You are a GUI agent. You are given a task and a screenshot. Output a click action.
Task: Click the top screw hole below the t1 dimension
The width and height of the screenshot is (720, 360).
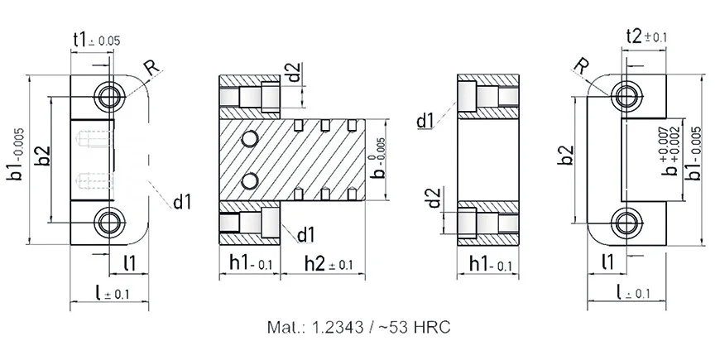point(109,96)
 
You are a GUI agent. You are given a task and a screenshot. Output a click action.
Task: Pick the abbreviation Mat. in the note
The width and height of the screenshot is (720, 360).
point(286,327)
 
